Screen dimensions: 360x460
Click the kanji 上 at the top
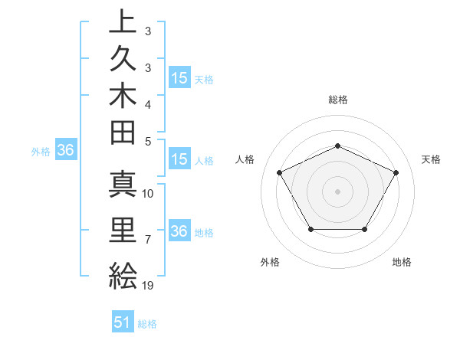(x=123, y=22)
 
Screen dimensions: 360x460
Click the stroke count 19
(x=149, y=286)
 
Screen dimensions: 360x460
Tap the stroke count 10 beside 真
(x=149, y=194)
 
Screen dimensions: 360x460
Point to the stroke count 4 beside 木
(x=148, y=103)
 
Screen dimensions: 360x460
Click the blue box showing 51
(x=123, y=322)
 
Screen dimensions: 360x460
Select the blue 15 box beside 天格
(x=179, y=78)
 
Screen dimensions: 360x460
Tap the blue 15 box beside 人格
(x=179, y=160)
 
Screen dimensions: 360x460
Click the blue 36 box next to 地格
(x=179, y=231)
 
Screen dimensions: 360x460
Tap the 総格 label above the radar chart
(x=338, y=100)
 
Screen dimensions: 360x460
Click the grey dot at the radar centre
(x=337, y=191)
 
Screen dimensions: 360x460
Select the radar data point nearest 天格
(x=396, y=172)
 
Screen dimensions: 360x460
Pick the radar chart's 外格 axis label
(x=271, y=263)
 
